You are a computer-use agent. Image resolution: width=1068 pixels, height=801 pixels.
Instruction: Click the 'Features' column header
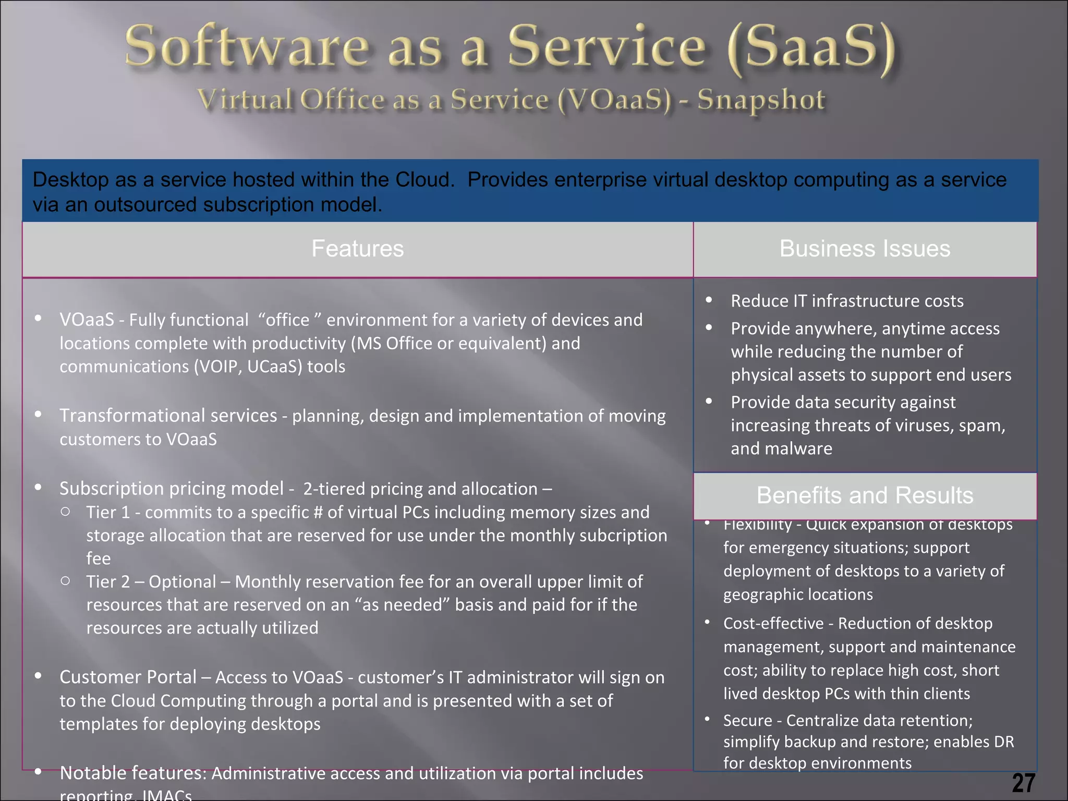coord(358,249)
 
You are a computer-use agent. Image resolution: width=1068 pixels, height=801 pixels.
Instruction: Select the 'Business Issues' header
coord(865,249)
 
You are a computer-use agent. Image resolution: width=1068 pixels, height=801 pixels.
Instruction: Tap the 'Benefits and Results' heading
coord(865,495)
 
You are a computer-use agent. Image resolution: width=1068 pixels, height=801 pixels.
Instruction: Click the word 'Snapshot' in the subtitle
coord(761,100)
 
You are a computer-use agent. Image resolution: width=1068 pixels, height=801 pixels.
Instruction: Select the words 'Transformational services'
coord(168,416)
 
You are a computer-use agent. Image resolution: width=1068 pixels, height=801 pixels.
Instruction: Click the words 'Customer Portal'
coord(128,677)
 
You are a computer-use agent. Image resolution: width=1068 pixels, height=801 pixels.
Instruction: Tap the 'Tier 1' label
coord(108,512)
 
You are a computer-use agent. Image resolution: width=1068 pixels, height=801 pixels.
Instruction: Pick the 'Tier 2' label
coord(108,581)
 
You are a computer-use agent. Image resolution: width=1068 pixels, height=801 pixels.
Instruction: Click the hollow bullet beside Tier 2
coord(65,580)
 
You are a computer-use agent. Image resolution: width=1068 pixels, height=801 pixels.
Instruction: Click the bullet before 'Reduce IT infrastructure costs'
coord(709,300)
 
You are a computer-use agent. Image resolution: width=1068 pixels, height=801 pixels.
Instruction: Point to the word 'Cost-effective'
coord(772,623)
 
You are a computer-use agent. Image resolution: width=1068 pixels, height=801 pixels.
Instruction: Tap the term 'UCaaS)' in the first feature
coord(275,367)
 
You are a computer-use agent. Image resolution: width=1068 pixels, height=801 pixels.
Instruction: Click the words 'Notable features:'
coord(133,773)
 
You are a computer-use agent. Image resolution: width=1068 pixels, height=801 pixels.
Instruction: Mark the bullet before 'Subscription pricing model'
coord(38,487)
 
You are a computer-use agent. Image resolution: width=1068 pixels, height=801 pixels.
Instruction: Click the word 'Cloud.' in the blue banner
coord(425,180)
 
